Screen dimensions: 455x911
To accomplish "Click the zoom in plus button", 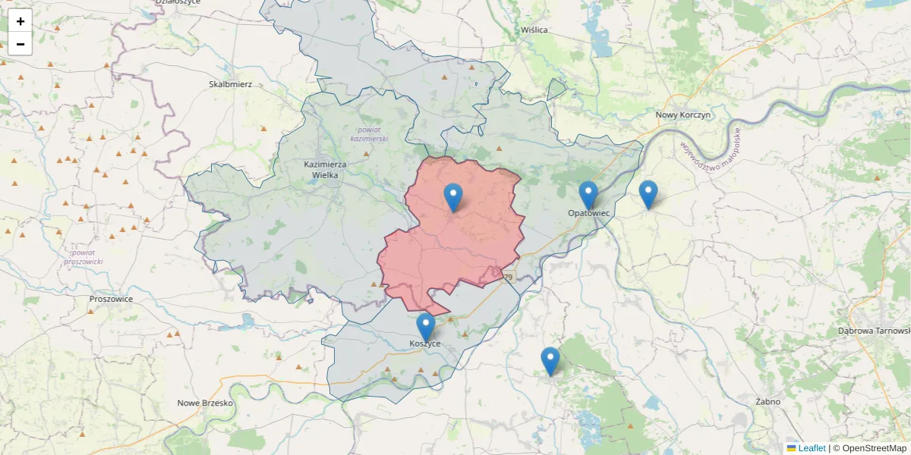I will pyautogui.click(x=20, y=21).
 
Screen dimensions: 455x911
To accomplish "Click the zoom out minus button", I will pyautogui.click(x=20, y=44).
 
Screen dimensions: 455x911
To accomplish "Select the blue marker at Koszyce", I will pyautogui.click(x=426, y=327).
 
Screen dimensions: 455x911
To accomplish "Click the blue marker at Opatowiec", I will pyautogui.click(x=588, y=195).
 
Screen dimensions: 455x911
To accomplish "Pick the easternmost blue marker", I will pyautogui.click(x=648, y=194).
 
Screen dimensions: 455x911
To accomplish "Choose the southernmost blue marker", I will pyautogui.click(x=550, y=361).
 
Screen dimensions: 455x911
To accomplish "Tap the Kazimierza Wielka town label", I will pyautogui.click(x=325, y=169).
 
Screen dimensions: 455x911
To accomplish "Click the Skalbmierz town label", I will pyautogui.click(x=230, y=84).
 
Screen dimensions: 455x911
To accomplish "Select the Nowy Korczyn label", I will pyautogui.click(x=682, y=115).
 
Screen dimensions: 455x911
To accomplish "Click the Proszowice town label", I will pyautogui.click(x=111, y=299).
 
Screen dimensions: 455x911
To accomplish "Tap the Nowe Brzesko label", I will pyautogui.click(x=204, y=403).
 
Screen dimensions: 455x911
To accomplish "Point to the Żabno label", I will pyautogui.click(x=768, y=401).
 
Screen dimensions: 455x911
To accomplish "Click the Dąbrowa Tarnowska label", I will pyautogui.click(x=873, y=331).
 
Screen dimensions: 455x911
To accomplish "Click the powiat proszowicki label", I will pyautogui.click(x=84, y=256).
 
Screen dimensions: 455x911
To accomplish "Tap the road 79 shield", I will pyautogui.click(x=508, y=278).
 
